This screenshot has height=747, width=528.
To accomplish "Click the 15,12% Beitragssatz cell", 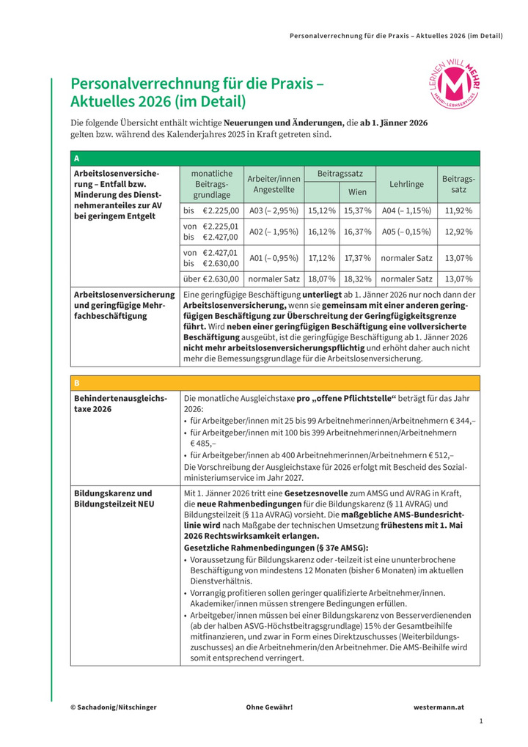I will (322, 210).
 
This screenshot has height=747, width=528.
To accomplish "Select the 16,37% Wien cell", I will (357, 231).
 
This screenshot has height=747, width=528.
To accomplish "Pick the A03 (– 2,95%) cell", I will (274, 210).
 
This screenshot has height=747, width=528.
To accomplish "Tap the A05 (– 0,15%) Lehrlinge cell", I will (406, 231).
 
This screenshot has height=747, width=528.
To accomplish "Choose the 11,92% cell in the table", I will (459, 210).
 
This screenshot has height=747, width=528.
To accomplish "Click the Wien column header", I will (357, 192).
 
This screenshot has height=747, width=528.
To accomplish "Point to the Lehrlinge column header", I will (406, 183).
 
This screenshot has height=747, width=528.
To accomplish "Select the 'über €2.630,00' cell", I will (211, 279).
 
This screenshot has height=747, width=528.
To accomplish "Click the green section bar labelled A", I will (275, 158).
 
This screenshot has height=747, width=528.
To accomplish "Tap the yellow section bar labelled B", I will (275, 383).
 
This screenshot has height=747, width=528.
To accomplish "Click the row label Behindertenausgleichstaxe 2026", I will (121, 403).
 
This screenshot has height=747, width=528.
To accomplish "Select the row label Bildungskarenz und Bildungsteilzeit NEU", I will (114, 499).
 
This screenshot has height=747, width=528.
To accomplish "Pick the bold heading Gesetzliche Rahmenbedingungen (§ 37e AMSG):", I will (275, 548).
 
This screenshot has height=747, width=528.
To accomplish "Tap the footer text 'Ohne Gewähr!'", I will (269, 707).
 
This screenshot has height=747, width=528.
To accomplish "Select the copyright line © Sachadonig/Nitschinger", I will (114, 707).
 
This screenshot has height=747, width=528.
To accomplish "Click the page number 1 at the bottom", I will (480, 722).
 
